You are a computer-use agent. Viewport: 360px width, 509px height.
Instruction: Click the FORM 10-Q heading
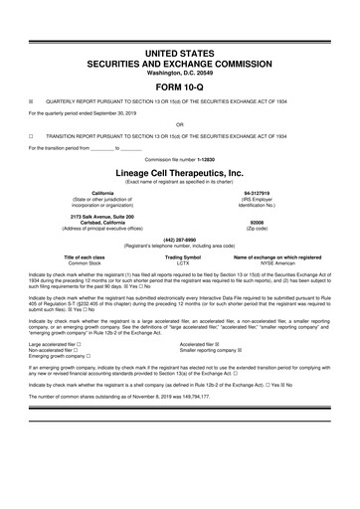coord(179,83)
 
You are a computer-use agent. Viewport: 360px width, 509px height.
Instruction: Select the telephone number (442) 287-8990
coord(179,239)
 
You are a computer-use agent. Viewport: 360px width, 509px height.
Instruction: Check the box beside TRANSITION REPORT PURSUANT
coord(31,135)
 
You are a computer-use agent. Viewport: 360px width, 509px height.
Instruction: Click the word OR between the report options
coord(179,124)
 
